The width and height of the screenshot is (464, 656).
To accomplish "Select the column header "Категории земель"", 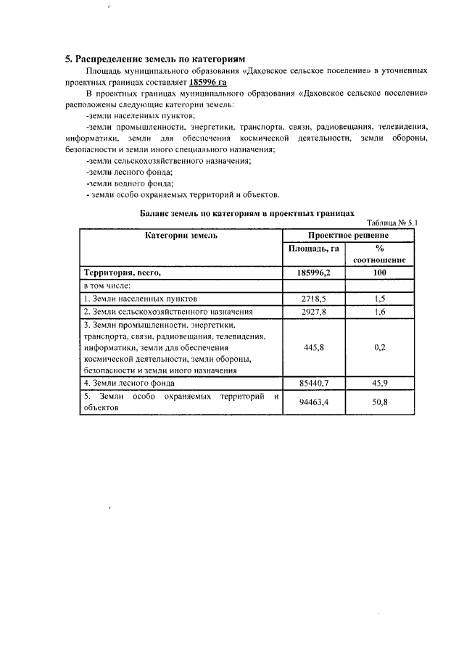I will [x=181, y=236].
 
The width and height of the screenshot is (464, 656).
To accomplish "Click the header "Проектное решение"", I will [x=348, y=236].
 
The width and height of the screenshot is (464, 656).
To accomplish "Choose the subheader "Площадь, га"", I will [x=313, y=249].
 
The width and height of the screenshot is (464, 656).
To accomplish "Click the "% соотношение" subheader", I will [x=379, y=254].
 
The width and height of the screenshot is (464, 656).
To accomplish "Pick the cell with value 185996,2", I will [x=313, y=273].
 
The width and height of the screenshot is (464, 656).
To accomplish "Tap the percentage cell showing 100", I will [x=379, y=273].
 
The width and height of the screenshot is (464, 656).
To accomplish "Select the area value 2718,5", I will [x=313, y=299].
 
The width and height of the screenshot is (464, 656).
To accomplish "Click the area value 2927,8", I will [x=313, y=311].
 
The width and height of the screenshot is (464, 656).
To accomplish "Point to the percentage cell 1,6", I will [x=379, y=311].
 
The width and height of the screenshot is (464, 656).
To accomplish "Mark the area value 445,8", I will [x=313, y=347].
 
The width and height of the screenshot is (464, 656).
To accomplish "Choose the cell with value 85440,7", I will [x=313, y=383].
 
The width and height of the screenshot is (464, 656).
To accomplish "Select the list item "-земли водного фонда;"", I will [x=129, y=183].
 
